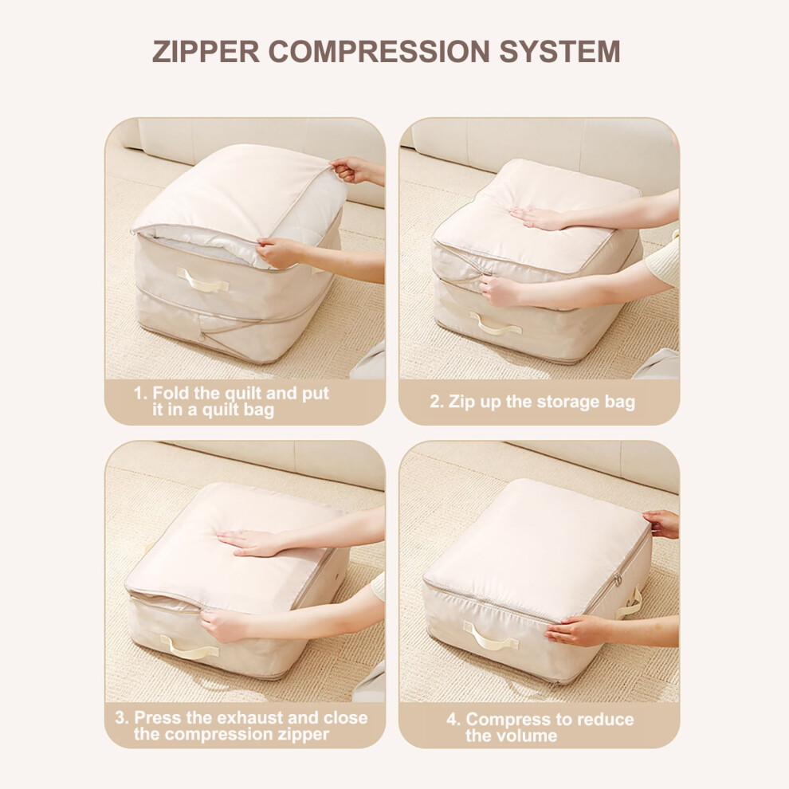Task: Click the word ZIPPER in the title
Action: click(206, 51)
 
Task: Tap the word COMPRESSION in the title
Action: click(379, 51)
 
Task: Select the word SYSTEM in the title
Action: click(559, 51)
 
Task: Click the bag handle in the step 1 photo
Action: click(202, 281)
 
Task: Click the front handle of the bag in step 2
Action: click(496, 324)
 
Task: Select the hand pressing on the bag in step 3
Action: click(250, 543)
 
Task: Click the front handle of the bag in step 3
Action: click(189, 647)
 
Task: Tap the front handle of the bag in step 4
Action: click(490, 635)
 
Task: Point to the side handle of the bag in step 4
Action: click(631, 603)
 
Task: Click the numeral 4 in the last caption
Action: click(452, 719)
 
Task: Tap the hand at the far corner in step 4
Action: click(662, 524)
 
